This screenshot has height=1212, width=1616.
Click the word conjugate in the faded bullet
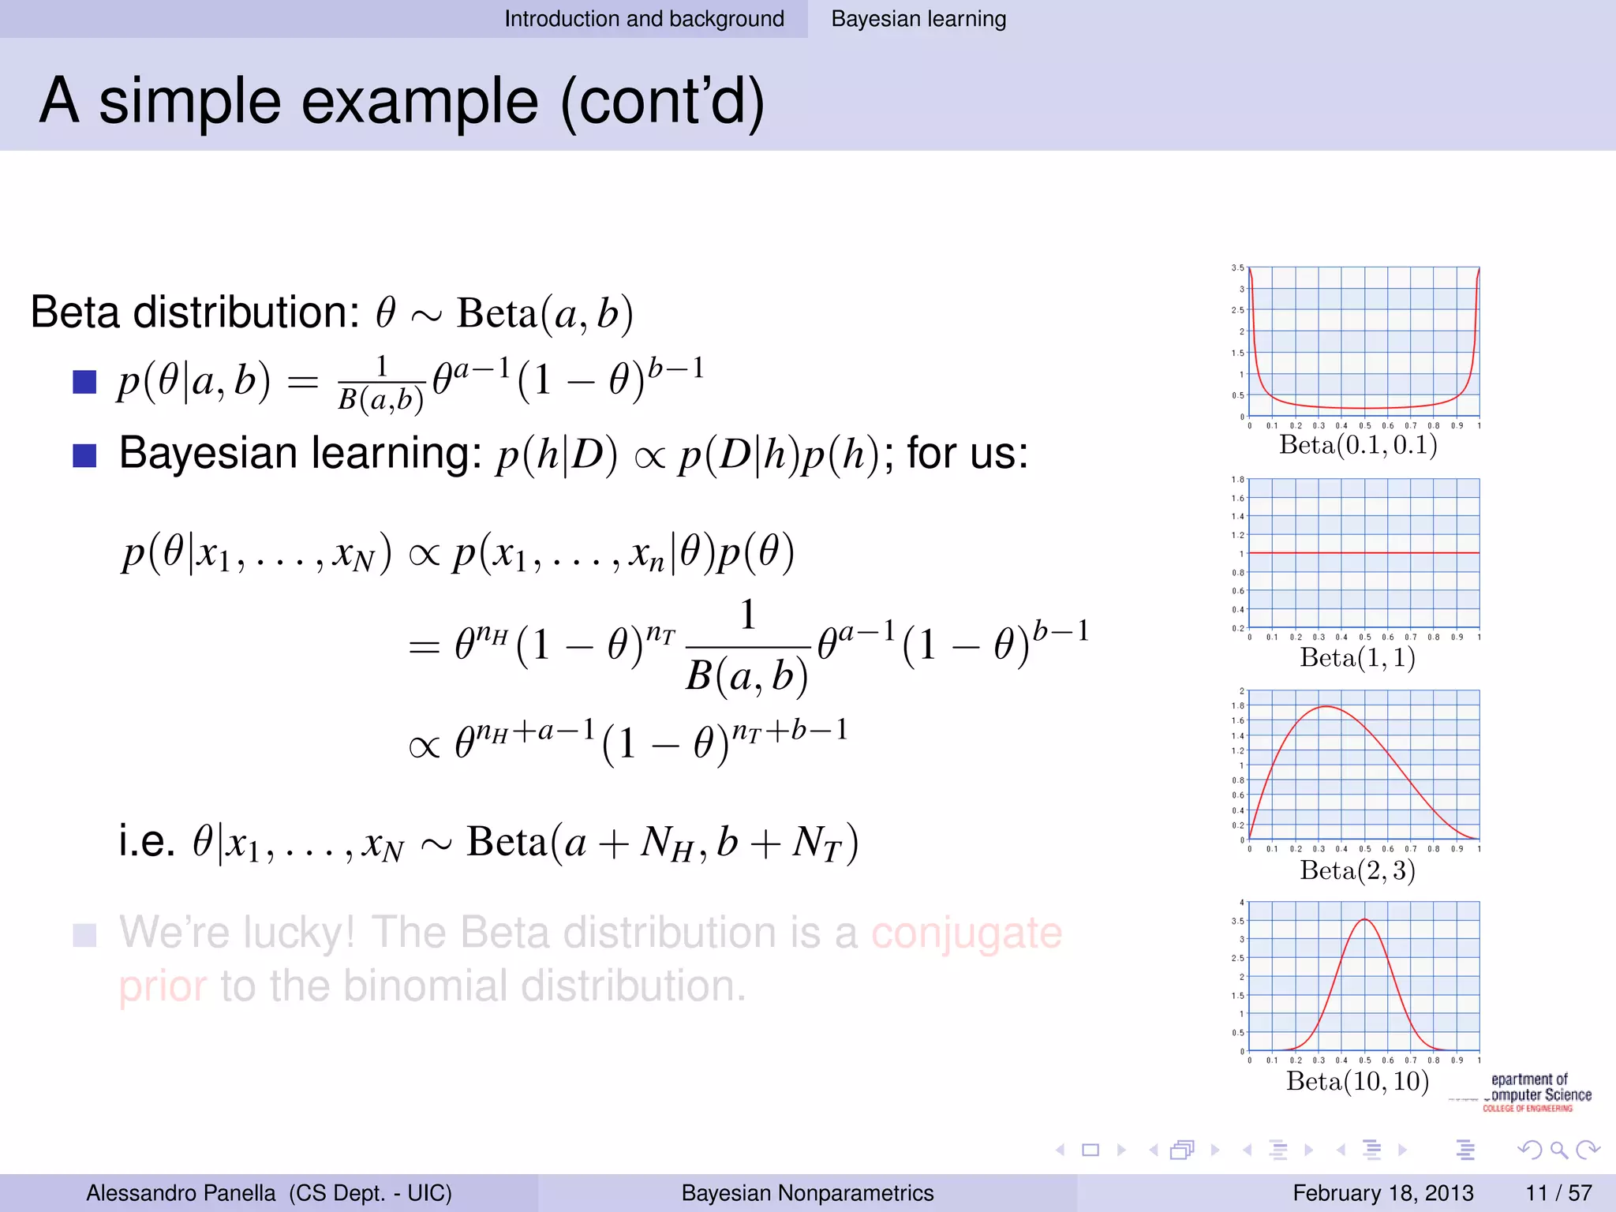967,933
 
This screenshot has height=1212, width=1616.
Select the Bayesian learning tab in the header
918,19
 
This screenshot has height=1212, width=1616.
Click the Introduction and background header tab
644,19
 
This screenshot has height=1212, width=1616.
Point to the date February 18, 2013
1383,1192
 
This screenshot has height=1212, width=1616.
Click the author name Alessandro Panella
181,1192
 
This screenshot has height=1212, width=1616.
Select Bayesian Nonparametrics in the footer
807,1192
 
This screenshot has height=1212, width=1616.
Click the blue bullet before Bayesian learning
84,455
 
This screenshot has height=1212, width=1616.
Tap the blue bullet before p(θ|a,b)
84,382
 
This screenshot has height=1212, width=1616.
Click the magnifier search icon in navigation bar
1558,1150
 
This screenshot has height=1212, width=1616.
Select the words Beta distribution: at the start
195,312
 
